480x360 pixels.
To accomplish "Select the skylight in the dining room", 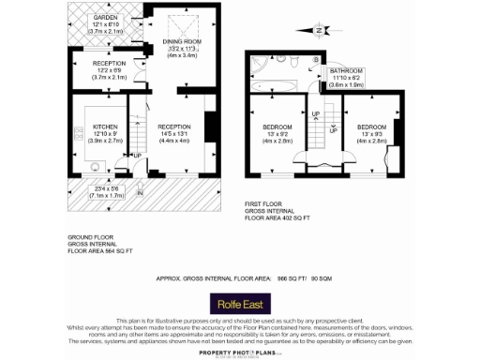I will [x=175, y=18].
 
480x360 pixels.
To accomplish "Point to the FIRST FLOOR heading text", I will [x=264, y=203].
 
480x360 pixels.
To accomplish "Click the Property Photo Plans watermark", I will [x=240, y=352].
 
